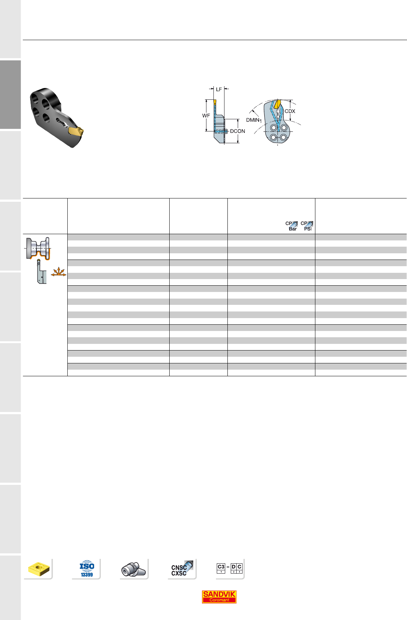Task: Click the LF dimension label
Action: [219, 89]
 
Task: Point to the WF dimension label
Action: [206, 115]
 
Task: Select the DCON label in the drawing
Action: [237, 131]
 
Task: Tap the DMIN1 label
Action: [254, 120]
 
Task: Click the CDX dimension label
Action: [290, 111]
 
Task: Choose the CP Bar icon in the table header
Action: [291, 226]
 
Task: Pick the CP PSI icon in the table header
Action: [307, 226]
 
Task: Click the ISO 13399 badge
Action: [87, 569]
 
